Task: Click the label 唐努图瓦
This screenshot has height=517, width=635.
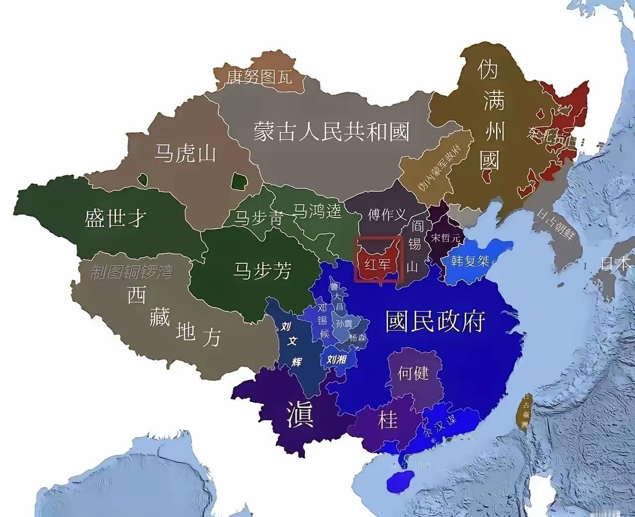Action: tap(259, 77)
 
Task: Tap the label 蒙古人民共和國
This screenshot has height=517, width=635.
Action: tap(331, 132)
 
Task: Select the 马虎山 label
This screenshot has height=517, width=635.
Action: tap(185, 153)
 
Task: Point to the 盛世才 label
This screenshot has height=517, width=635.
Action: tap(115, 218)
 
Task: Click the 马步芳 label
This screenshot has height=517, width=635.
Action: tap(262, 271)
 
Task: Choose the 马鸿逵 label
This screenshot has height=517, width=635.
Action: tap(317, 211)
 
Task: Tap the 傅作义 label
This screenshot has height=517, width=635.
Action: tap(387, 215)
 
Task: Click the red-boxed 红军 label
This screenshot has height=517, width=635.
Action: tap(378, 263)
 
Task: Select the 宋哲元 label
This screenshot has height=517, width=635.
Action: tap(445, 238)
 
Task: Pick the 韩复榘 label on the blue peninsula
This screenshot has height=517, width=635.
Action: tap(470, 260)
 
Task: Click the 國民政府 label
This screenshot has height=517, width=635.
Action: tap(435, 322)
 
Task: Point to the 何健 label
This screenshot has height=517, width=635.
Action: tap(413, 372)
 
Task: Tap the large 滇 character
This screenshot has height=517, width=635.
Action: tap(300, 415)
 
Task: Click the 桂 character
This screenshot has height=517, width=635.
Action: tap(387, 420)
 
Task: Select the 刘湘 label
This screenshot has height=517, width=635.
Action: tap(335, 359)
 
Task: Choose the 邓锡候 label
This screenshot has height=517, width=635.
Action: tap(323, 320)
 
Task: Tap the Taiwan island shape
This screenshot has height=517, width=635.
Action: tap(524, 411)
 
